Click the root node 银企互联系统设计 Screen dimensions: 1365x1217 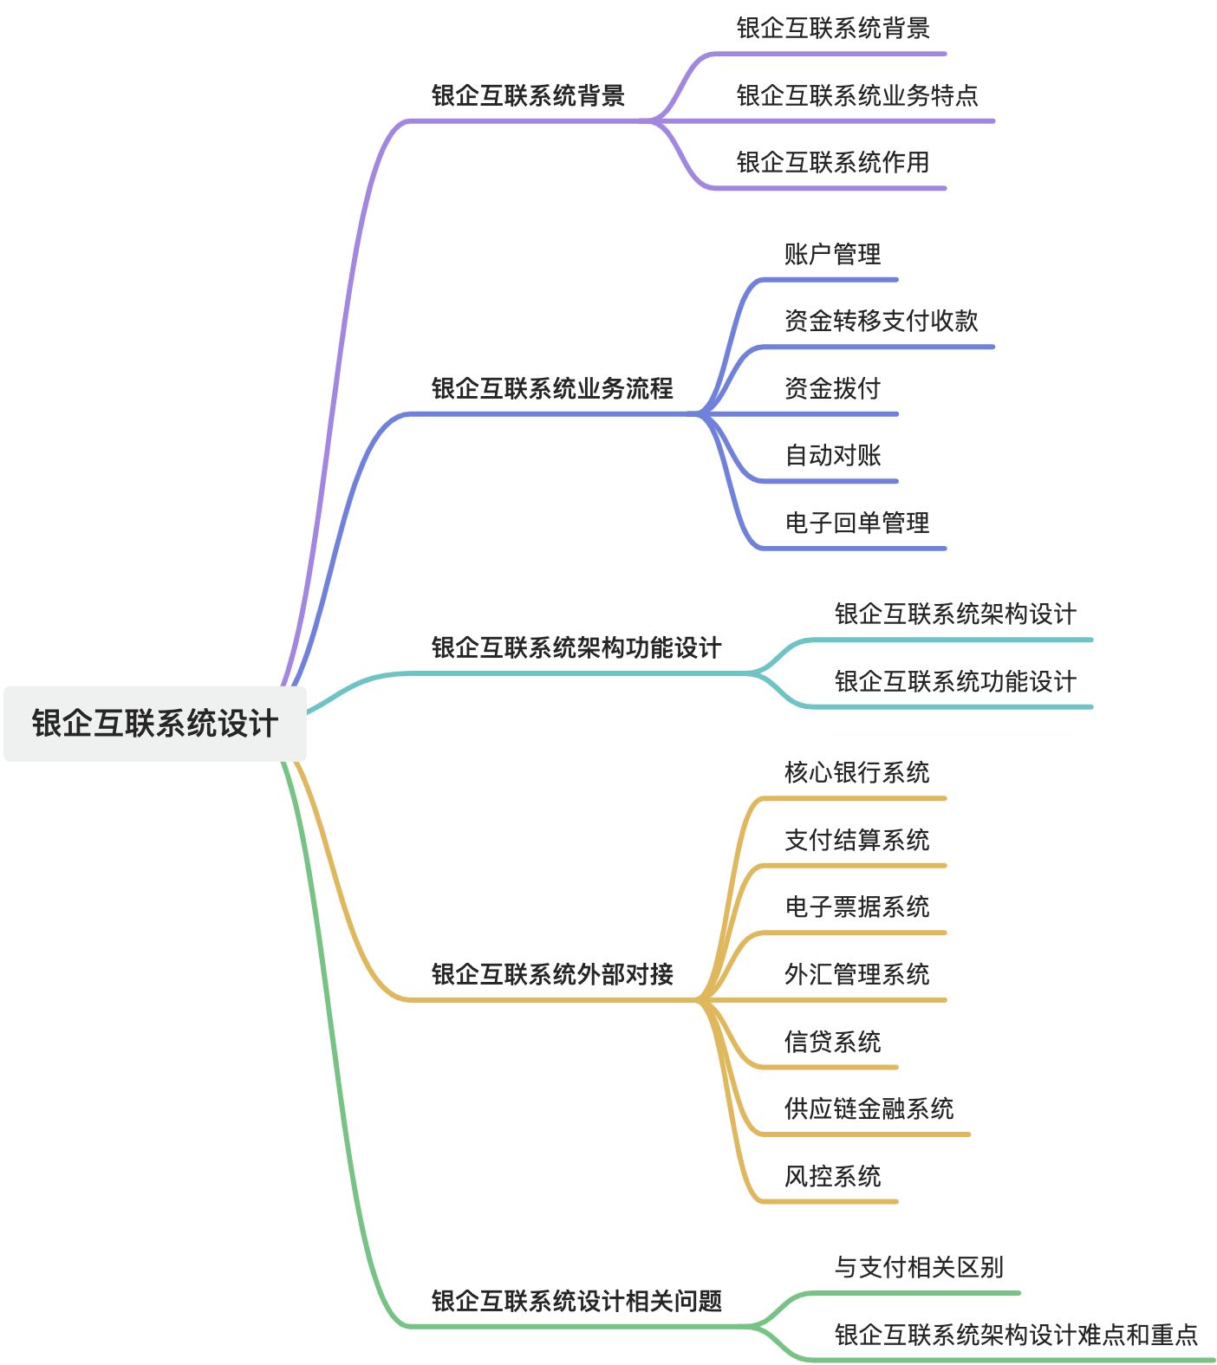(x=154, y=723)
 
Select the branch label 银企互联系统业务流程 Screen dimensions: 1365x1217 (x=552, y=387)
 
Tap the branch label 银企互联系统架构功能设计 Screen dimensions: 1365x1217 (x=576, y=647)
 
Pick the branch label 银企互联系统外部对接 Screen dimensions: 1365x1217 (x=552, y=973)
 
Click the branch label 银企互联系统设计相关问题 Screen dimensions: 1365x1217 (x=576, y=1300)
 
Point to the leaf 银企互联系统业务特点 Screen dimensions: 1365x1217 (x=856, y=94)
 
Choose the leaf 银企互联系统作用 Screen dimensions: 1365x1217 (x=832, y=161)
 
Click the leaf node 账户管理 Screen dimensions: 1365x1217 (x=832, y=254)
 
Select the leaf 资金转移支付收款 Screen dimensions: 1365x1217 (x=881, y=321)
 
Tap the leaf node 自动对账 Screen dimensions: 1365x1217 (x=832, y=455)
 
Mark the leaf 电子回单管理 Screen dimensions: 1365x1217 (x=856, y=523)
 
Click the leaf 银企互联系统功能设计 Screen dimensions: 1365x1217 (x=955, y=681)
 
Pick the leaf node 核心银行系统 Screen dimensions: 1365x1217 (x=856, y=772)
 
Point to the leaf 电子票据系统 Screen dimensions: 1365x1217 (x=856, y=907)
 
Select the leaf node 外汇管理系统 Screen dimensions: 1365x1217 (x=856, y=973)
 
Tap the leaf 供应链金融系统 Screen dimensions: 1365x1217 (x=869, y=1108)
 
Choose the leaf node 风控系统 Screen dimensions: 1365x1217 (x=832, y=1175)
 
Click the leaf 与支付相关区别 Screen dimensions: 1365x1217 (x=919, y=1267)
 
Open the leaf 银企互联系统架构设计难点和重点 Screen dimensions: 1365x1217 (x=1016, y=1334)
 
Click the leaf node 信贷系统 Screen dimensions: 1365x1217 (x=832, y=1041)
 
